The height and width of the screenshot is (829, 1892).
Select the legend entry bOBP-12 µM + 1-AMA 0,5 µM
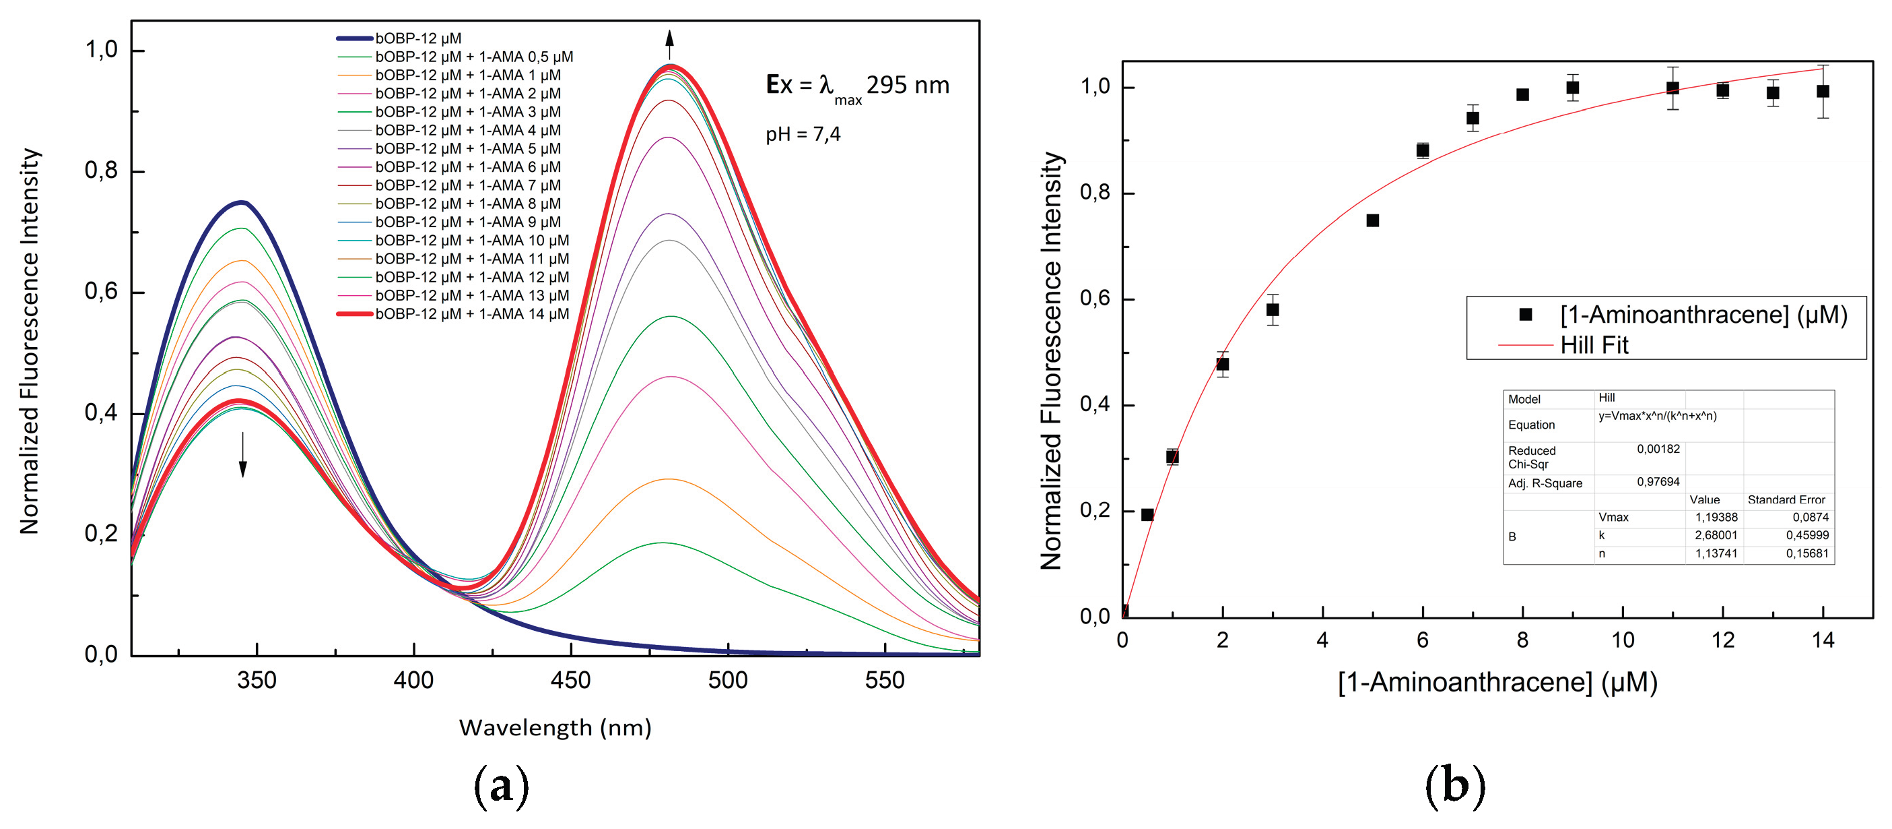click(x=474, y=57)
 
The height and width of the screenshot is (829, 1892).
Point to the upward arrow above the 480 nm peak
click(x=669, y=44)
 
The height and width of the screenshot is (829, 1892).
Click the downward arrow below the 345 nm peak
click(x=243, y=456)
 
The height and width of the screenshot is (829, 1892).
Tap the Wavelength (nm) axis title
click(x=555, y=728)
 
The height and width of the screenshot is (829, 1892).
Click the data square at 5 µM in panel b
click(x=1373, y=220)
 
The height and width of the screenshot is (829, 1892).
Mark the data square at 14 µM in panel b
click(x=1823, y=91)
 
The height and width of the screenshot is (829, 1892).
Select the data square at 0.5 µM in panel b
click(x=1147, y=514)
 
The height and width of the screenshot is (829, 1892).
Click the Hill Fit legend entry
click(x=1594, y=344)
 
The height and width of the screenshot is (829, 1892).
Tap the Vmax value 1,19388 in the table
click(x=1716, y=518)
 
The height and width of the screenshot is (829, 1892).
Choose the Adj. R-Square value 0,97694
click(x=1658, y=482)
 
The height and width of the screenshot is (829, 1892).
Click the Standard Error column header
click(x=1786, y=499)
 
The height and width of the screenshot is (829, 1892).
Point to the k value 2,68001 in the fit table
click(x=1716, y=535)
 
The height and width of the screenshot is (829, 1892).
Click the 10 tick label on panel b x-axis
click(x=1623, y=640)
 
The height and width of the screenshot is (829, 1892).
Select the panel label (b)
click(x=1454, y=786)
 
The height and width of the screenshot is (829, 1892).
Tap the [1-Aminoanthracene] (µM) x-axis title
click(x=1497, y=682)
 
